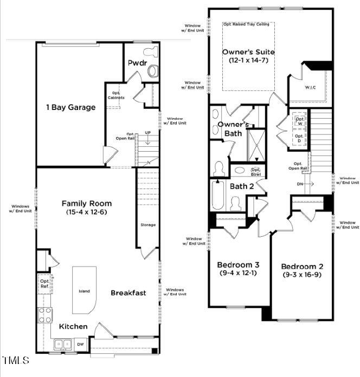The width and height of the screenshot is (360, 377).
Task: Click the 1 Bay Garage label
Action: (70, 107)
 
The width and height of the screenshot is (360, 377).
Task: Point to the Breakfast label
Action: (128, 293)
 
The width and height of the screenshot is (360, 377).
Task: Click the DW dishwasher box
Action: (80, 344)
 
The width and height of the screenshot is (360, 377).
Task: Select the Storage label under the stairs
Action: (148, 225)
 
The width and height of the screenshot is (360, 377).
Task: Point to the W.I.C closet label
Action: (310, 87)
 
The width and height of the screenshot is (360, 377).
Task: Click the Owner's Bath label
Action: (233, 128)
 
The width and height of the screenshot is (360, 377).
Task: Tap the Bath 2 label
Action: (241, 186)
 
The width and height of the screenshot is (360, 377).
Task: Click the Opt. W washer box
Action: (300, 122)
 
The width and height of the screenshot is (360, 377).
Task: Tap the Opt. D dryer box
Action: (300, 138)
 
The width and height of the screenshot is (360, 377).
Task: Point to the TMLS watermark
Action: (16, 360)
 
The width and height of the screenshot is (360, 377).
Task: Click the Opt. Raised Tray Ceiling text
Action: (248, 25)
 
